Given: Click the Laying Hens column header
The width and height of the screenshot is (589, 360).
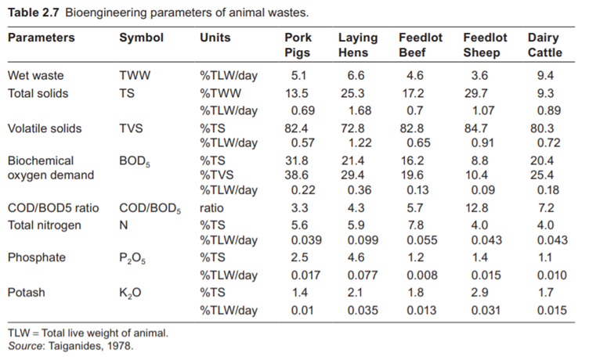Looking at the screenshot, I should tap(357, 45).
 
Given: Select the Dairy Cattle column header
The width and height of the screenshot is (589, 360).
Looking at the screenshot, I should tap(544, 45).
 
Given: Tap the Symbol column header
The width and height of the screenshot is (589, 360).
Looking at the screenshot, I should tap(142, 38).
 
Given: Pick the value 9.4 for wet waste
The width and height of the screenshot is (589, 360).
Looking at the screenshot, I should tap(544, 76).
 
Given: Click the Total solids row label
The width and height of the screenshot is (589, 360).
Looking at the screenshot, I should tap(38, 93).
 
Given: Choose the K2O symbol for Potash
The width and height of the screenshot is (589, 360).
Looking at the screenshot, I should tap(131, 292).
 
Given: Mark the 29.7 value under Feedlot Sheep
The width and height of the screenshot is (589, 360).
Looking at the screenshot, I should tap(482, 93).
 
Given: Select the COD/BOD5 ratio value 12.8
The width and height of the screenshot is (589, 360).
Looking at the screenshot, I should tap(482, 208).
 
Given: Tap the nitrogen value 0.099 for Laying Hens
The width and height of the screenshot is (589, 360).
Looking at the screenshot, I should tap(357, 240).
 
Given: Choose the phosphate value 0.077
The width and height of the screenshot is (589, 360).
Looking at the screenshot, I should tap(357, 275).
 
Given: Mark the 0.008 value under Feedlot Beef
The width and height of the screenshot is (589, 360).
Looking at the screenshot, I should tap(420, 275).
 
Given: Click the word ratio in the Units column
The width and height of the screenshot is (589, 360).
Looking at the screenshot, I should tap(212, 208).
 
